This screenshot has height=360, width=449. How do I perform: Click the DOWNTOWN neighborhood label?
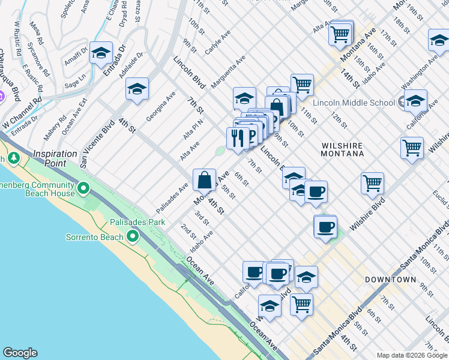tap(390, 280)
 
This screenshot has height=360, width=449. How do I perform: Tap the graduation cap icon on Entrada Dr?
tap(101, 53)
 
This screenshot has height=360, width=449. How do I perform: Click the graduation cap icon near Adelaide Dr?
tap(137, 89)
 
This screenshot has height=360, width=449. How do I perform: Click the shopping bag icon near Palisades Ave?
tap(204, 179)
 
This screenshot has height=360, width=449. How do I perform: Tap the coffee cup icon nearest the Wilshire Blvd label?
tap(325, 227)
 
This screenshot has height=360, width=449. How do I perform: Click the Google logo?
tap(20, 353)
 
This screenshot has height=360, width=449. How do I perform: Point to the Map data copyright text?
tap(411, 355)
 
